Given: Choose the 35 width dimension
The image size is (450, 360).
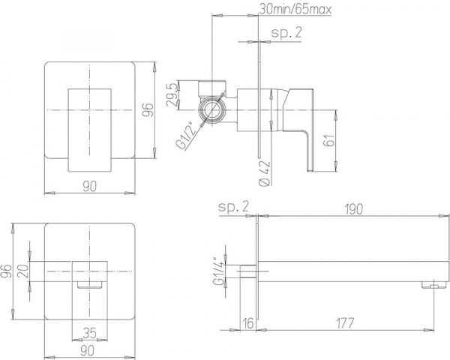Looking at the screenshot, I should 89,329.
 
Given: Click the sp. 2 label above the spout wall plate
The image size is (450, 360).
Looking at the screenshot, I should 233,207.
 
